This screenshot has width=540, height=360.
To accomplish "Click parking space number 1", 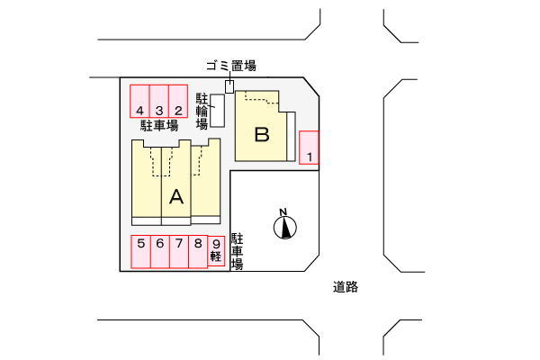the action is (309, 148).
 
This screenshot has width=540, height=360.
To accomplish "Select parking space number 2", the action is (178, 102).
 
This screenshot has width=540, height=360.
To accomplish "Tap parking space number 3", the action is (159, 102).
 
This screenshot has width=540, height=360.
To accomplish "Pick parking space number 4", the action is (139, 102).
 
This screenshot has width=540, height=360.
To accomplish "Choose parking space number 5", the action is (141, 251).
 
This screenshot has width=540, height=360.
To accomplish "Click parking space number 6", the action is (160, 251).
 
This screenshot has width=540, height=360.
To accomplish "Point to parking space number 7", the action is (179, 251).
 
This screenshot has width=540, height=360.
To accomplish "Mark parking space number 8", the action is (198, 251).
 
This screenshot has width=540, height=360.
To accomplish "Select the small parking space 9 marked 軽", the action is (216, 251).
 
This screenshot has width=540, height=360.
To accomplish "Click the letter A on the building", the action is (176, 197).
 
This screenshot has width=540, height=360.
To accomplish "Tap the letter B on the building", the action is (262, 134).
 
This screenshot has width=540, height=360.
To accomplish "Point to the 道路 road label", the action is (346, 287).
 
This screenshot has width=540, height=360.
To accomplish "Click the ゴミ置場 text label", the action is (231, 66).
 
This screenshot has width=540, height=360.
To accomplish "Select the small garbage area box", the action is (229, 86).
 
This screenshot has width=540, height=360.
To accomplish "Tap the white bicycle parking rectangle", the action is (218, 111).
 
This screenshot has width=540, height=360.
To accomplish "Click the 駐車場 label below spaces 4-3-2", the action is (159, 125).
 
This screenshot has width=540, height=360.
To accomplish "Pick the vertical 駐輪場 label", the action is (202, 112).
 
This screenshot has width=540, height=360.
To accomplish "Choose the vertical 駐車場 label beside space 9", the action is (237, 251).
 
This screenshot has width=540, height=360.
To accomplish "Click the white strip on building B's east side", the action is (291, 136).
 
